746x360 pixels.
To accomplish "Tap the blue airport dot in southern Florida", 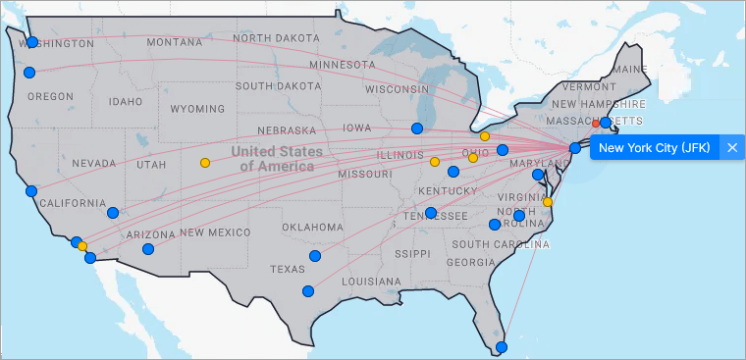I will pyautogui.click(x=502, y=347).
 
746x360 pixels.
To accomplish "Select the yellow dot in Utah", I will pyautogui.click(x=204, y=163).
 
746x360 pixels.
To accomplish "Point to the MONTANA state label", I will pyautogui.click(x=174, y=42).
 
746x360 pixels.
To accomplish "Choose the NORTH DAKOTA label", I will pyautogui.click(x=278, y=37).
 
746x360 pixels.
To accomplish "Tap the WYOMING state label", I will pyautogui.click(x=197, y=109).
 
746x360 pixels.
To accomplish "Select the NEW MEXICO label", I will pyautogui.click(x=215, y=232).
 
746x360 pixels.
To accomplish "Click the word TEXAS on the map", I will pyautogui.click(x=288, y=269).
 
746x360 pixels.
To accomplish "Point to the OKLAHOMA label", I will pyautogui.click(x=314, y=228).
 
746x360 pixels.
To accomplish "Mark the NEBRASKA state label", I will pyautogui.click(x=286, y=130).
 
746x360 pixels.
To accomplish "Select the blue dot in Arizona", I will pyautogui.click(x=148, y=249).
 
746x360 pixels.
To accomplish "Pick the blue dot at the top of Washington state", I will pyautogui.click(x=32, y=42).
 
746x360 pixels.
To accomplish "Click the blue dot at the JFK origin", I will pyautogui.click(x=575, y=148).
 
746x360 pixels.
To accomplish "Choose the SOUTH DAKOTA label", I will pyautogui.click(x=278, y=86).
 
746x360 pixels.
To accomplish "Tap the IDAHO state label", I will pyautogui.click(x=126, y=101).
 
